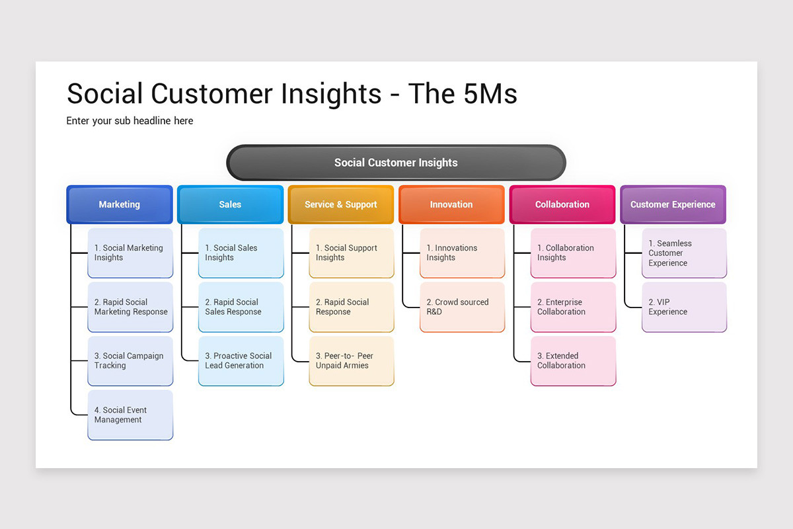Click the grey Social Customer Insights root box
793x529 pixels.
[396, 163]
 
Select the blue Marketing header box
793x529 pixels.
[120, 204]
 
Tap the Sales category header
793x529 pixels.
[230, 204]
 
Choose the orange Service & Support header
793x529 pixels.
[341, 204]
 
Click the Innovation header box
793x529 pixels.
[451, 204]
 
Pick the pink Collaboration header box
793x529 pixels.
[562, 204]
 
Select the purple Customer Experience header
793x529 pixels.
[673, 204]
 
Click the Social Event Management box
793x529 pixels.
[130, 415]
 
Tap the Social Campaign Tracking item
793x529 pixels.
[130, 360]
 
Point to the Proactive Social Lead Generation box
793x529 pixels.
[241, 360]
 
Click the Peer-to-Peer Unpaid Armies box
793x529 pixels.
[352, 360]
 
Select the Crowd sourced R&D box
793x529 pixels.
[463, 307]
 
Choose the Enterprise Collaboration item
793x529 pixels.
[573, 307]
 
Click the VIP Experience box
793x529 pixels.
[684, 307]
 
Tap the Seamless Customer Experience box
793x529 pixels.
[684, 253]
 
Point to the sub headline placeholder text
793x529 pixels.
[130, 121]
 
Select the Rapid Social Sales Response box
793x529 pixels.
[241, 307]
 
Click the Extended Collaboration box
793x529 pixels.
[573, 360]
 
